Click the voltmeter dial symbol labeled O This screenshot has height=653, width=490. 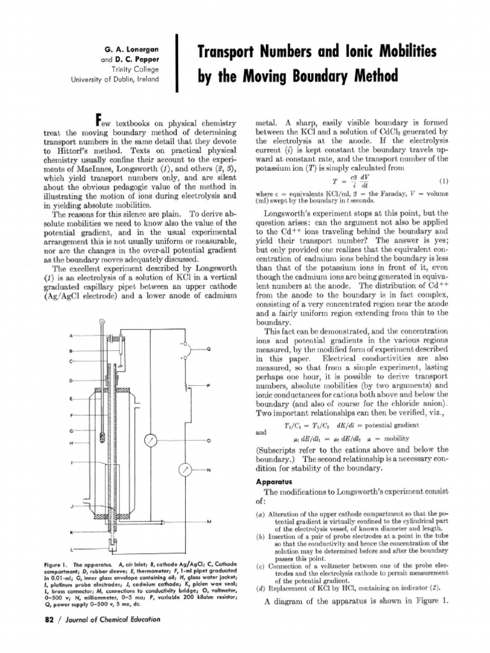(x=151, y=441)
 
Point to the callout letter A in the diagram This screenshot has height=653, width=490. (x=71, y=335)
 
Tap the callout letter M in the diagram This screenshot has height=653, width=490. (x=209, y=522)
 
